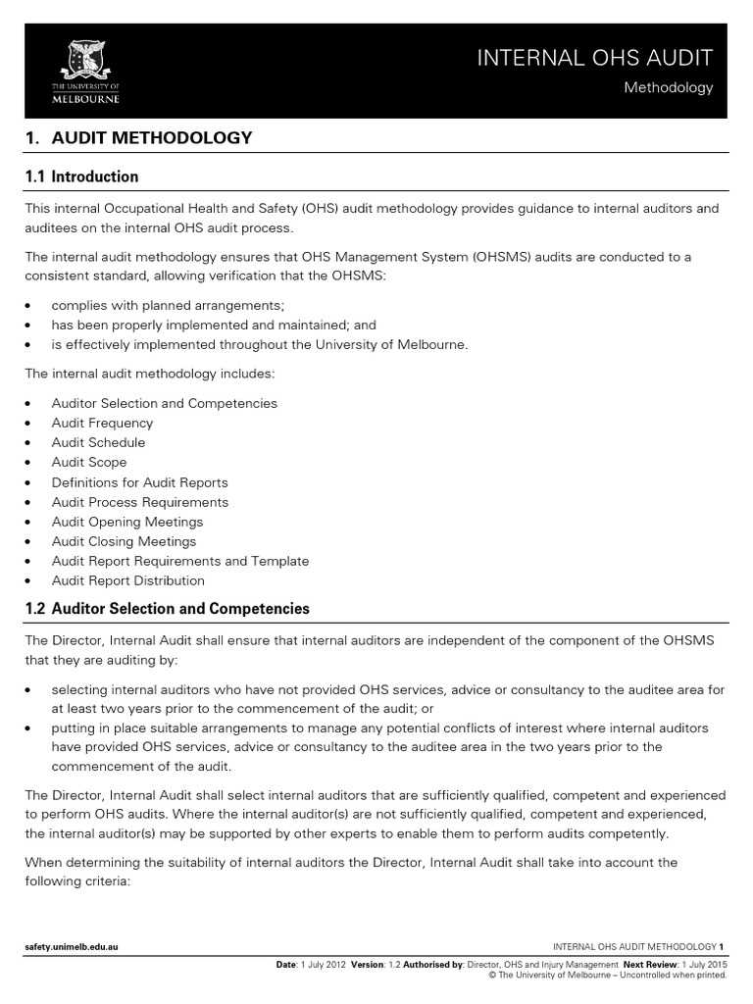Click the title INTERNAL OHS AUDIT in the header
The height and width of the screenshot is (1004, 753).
click(x=594, y=59)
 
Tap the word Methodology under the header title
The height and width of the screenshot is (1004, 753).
click(x=669, y=88)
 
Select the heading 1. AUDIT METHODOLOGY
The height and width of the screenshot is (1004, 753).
click(x=138, y=138)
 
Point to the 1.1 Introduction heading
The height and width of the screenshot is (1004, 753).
click(x=81, y=177)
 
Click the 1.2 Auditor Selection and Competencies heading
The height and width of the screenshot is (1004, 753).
click(x=167, y=609)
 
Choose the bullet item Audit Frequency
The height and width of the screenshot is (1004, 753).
click(x=102, y=424)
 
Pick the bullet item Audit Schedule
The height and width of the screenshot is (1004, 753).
click(x=98, y=443)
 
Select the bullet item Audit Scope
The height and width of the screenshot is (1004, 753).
click(x=89, y=463)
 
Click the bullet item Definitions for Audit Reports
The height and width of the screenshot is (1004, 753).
click(x=139, y=482)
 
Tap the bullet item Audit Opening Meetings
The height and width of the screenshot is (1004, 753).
click(x=127, y=522)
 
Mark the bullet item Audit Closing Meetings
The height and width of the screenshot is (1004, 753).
click(x=124, y=541)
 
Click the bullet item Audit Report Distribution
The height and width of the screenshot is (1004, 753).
click(x=128, y=580)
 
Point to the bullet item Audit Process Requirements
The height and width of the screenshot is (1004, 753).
click(x=139, y=502)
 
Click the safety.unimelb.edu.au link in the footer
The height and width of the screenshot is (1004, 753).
click(x=73, y=948)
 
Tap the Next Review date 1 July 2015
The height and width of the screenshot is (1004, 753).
click(x=703, y=965)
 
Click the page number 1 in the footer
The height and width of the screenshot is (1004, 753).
click(x=722, y=948)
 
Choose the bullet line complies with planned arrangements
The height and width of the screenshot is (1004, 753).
click(x=168, y=305)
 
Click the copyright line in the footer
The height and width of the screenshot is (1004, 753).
click(x=608, y=976)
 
